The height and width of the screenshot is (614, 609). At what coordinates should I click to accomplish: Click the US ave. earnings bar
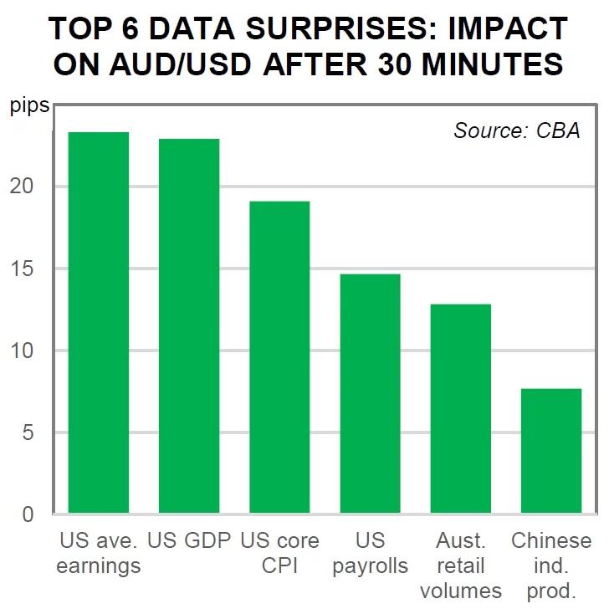[x=99, y=322]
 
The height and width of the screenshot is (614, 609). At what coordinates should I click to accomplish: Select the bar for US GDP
[x=189, y=325]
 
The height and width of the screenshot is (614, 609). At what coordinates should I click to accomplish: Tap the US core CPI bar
[x=279, y=357]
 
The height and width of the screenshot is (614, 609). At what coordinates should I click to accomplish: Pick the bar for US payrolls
[x=370, y=393]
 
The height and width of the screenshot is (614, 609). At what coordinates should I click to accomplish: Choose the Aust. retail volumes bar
[x=460, y=408]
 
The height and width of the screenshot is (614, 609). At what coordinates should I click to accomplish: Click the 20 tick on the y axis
[x=28, y=187]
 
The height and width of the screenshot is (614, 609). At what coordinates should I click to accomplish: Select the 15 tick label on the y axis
[x=28, y=269]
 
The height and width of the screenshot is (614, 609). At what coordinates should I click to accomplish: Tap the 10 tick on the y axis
[x=28, y=350]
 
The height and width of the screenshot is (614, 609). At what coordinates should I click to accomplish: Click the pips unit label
[x=28, y=107]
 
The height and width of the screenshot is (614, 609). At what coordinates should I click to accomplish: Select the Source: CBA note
[x=516, y=130]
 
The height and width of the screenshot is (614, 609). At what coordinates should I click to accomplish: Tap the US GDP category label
[x=189, y=540]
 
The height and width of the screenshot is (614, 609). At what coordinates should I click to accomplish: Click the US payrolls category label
[x=370, y=553]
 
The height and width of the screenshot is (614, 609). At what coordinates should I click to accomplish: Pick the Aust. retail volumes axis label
[x=460, y=565]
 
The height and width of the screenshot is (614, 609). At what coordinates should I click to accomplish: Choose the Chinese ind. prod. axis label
[x=550, y=565]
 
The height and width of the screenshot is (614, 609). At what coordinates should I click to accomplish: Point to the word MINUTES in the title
[x=484, y=64]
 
